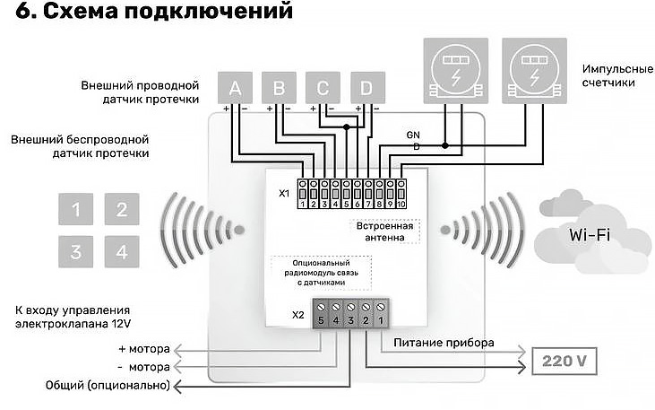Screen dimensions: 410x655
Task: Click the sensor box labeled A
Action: pyautogui.click(x=236, y=88)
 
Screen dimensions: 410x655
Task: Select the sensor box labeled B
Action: pyautogui.click(x=279, y=88)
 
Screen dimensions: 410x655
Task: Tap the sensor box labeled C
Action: pyautogui.click(x=323, y=88)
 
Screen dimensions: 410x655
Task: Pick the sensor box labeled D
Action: pyautogui.click(x=366, y=88)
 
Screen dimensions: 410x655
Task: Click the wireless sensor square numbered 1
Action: pyautogui.click(x=76, y=211)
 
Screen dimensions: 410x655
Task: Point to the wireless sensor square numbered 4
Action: pyautogui.click(x=121, y=252)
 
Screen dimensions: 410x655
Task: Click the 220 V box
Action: pyautogui.click(x=565, y=362)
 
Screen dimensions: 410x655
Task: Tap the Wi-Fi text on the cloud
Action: pyautogui.click(x=591, y=235)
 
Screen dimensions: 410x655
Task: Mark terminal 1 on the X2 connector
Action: pyautogui.click(x=382, y=318)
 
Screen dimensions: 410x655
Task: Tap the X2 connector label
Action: pyautogui.click(x=297, y=316)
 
